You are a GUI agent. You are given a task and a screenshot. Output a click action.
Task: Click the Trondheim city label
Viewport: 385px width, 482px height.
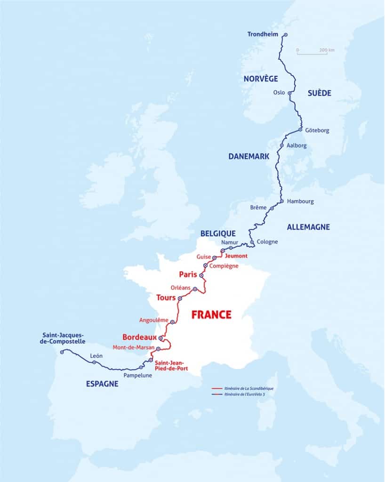click(x=264, y=34)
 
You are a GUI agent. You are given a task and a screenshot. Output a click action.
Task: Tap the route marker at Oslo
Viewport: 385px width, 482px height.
click(x=290, y=93)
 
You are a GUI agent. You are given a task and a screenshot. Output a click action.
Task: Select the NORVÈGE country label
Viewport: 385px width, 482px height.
click(x=261, y=79)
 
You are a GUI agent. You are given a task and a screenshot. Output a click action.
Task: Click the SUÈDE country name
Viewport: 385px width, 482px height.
click(x=320, y=93)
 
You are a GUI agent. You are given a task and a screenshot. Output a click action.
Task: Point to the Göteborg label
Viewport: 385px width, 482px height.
click(x=317, y=130)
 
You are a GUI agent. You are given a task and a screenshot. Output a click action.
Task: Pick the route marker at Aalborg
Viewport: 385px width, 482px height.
click(x=281, y=145)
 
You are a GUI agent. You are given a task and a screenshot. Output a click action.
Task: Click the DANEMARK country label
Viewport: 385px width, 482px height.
click(x=249, y=157)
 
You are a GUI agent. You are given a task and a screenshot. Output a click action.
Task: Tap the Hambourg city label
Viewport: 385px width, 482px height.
click(x=300, y=201)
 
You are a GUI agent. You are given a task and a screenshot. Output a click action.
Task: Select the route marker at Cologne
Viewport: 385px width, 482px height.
click(x=252, y=242)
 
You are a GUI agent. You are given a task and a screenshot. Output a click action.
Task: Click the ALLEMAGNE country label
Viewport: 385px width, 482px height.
click(x=308, y=227)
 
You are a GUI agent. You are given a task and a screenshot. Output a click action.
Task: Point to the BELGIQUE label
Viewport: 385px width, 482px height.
click(x=217, y=233)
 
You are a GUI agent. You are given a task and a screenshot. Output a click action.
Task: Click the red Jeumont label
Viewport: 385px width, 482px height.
click(x=236, y=256)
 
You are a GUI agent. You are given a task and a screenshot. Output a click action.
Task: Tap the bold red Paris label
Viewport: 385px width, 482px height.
click(x=187, y=274)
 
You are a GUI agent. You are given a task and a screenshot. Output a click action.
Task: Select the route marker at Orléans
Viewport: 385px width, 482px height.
click(x=195, y=289)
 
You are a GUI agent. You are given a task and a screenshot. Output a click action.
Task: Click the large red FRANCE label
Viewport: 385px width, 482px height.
click(x=211, y=314)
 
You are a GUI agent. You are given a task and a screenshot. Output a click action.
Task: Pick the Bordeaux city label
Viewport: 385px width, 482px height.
click(x=139, y=337)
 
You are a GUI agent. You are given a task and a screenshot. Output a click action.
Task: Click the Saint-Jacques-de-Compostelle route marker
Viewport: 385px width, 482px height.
click(x=62, y=352)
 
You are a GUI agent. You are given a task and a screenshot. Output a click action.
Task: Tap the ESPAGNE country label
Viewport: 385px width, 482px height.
click(x=102, y=384)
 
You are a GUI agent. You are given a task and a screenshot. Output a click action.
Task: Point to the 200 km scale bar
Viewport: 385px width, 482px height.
click(x=312, y=54)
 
